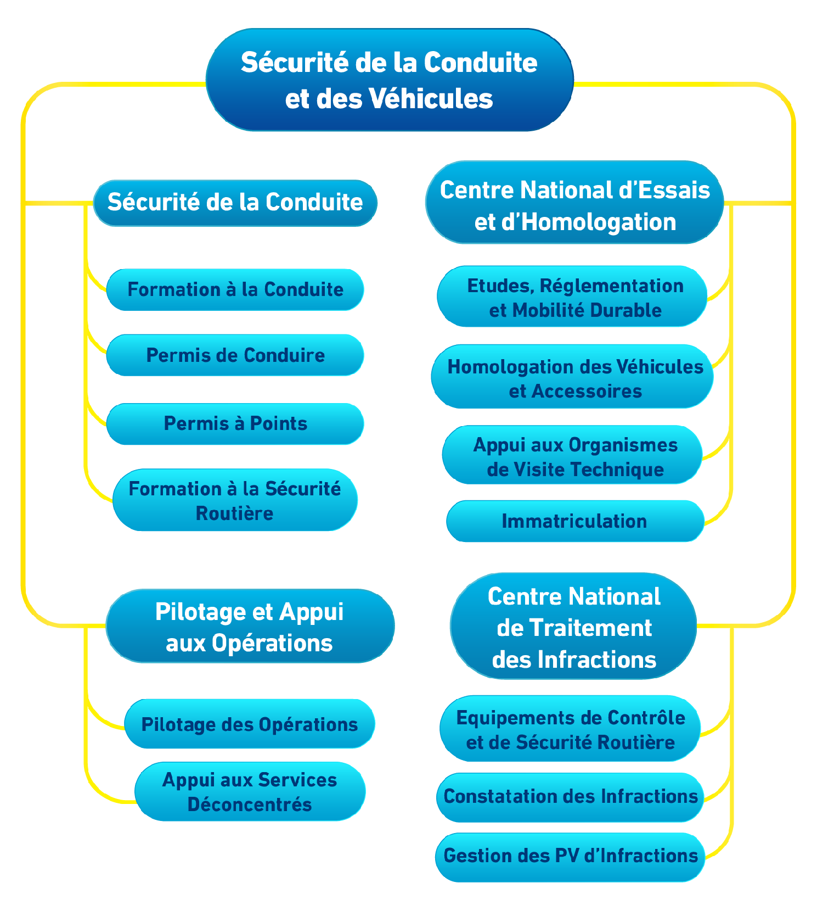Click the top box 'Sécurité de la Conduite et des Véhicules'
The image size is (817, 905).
pyautogui.click(x=390, y=80)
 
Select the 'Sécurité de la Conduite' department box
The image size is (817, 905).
pyautogui.click(x=235, y=203)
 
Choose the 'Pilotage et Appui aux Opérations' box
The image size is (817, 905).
pyautogui.click(x=250, y=626)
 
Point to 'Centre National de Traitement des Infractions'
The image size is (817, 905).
pyautogui.click(x=573, y=627)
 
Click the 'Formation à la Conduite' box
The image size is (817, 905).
pyautogui.click(x=235, y=289)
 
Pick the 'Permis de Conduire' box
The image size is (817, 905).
pyautogui.click(x=235, y=355)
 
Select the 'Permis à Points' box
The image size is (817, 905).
pyautogui.click(x=235, y=423)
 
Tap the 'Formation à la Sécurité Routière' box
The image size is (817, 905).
pyautogui.click(x=235, y=500)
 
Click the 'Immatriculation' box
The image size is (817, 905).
pyautogui.click(x=574, y=521)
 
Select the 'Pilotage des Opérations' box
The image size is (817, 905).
pyautogui.click(x=250, y=724)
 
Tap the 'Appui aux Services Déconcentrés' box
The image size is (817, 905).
pyautogui.click(x=250, y=791)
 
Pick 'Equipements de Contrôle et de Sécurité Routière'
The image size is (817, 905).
pyautogui.click(x=570, y=729)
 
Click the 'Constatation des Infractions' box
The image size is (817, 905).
pyautogui.click(x=570, y=796)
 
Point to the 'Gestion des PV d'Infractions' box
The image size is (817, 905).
pyautogui.click(x=570, y=856)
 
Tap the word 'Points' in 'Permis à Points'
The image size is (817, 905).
pyautogui.click(x=279, y=423)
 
